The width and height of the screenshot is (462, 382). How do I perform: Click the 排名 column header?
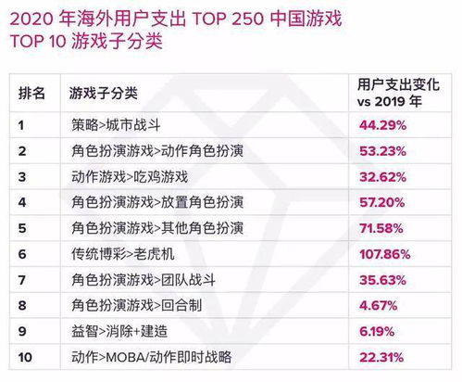32,93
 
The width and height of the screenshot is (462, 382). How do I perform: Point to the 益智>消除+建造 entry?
118,330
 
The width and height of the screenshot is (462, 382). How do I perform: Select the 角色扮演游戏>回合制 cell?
135,304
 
